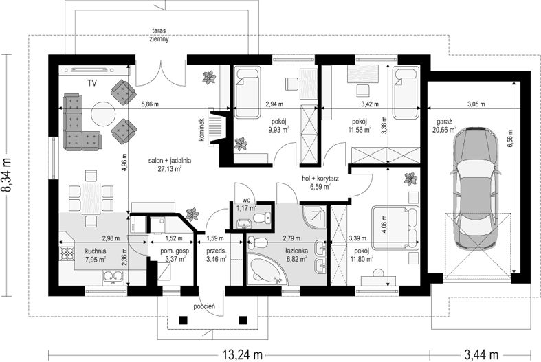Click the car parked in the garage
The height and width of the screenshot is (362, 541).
click(476, 188)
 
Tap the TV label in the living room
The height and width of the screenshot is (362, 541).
click(92, 83)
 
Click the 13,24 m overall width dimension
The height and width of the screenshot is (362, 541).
click(242, 354)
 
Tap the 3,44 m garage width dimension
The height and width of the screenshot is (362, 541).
click(481, 354)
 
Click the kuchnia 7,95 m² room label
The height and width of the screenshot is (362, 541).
click(96, 256)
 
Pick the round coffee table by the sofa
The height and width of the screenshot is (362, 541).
click(102, 114)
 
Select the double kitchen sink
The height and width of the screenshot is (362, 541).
click(113, 276)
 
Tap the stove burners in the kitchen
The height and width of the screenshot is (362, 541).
click(67, 254)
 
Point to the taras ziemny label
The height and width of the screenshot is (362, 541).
click(159, 34)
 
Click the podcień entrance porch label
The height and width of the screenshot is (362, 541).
click(205, 306)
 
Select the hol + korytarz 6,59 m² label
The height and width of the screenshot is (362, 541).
click(320, 183)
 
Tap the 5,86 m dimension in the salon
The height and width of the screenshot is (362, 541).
click(150, 104)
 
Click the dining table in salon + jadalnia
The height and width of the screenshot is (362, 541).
click(91, 198)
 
